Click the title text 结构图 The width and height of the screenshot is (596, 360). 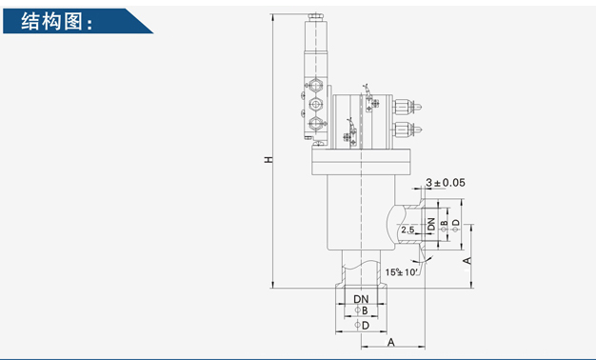51,21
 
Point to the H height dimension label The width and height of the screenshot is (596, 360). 268,159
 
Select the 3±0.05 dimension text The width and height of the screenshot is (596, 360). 446,183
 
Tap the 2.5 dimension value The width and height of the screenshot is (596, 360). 407,230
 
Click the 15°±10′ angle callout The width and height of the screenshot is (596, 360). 402,272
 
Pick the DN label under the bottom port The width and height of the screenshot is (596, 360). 361,299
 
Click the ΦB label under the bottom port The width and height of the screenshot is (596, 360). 361,310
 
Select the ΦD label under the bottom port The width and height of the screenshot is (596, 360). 362,326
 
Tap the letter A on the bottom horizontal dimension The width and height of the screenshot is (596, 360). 390,343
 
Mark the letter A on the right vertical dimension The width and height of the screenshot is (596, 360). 467,261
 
